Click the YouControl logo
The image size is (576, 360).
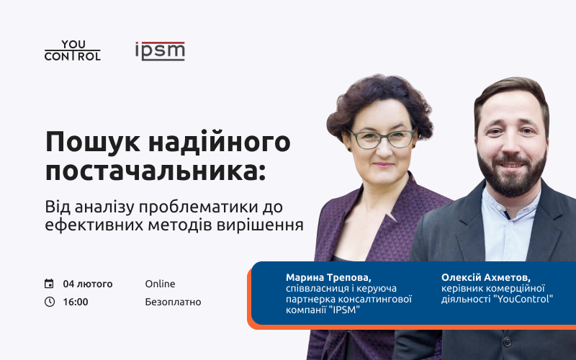(73, 50)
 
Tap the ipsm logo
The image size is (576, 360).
(160, 50)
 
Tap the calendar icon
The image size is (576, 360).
(49, 284)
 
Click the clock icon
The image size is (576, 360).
(49, 302)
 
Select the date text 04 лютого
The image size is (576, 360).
(88, 284)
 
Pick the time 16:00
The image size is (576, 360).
(76, 302)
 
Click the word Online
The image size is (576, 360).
(160, 284)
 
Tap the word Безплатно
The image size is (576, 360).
(173, 302)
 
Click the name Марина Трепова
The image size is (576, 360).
(328, 277)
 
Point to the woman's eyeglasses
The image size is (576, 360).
(382, 138)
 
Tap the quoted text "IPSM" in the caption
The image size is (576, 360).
(343, 310)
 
